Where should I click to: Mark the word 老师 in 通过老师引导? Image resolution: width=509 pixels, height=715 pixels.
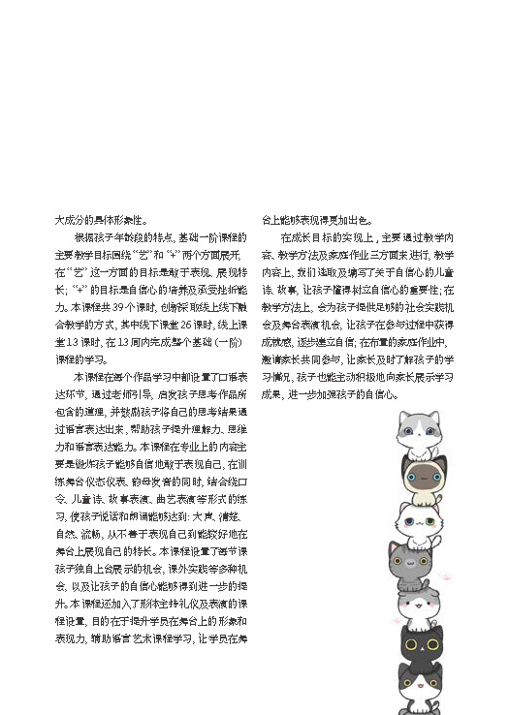[130, 394]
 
